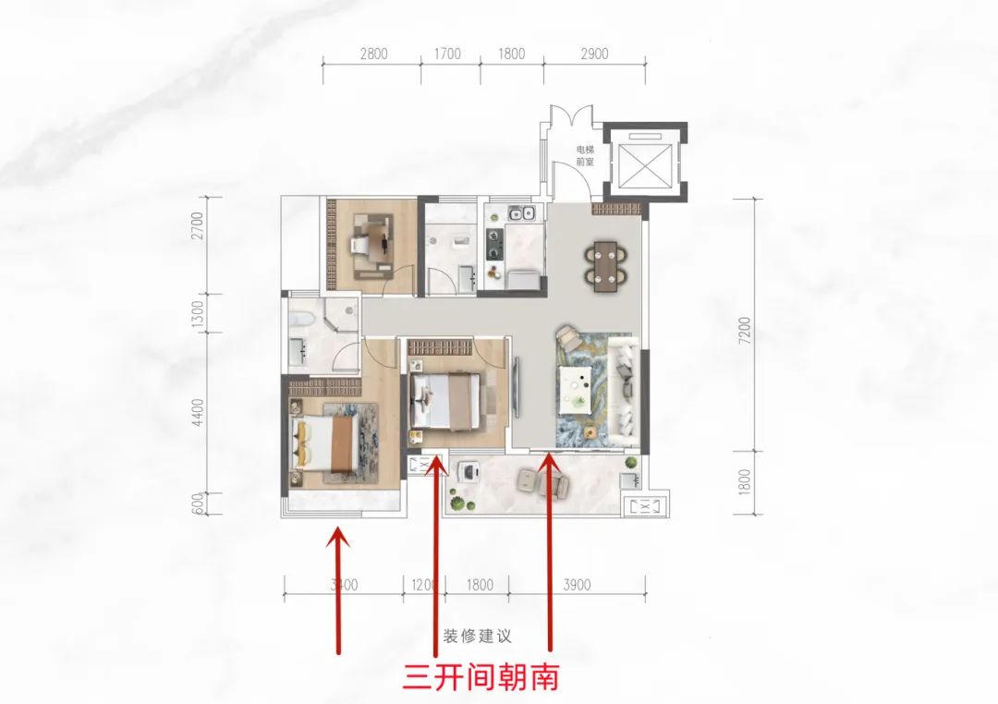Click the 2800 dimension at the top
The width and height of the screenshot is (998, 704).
click(373, 55)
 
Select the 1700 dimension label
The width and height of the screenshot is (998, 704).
click(447, 55)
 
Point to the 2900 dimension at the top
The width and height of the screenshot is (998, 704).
click(594, 55)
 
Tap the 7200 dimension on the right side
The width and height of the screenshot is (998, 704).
click(746, 331)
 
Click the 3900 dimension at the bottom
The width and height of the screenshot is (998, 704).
click(577, 585)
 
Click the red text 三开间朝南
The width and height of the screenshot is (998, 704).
click(481, 676)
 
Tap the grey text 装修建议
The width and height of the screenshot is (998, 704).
click(478, 636)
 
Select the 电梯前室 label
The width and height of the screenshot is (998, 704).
click(585, 155)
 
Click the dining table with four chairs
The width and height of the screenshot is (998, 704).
click(606, 266)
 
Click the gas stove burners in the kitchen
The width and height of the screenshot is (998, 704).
click(493, 244)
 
